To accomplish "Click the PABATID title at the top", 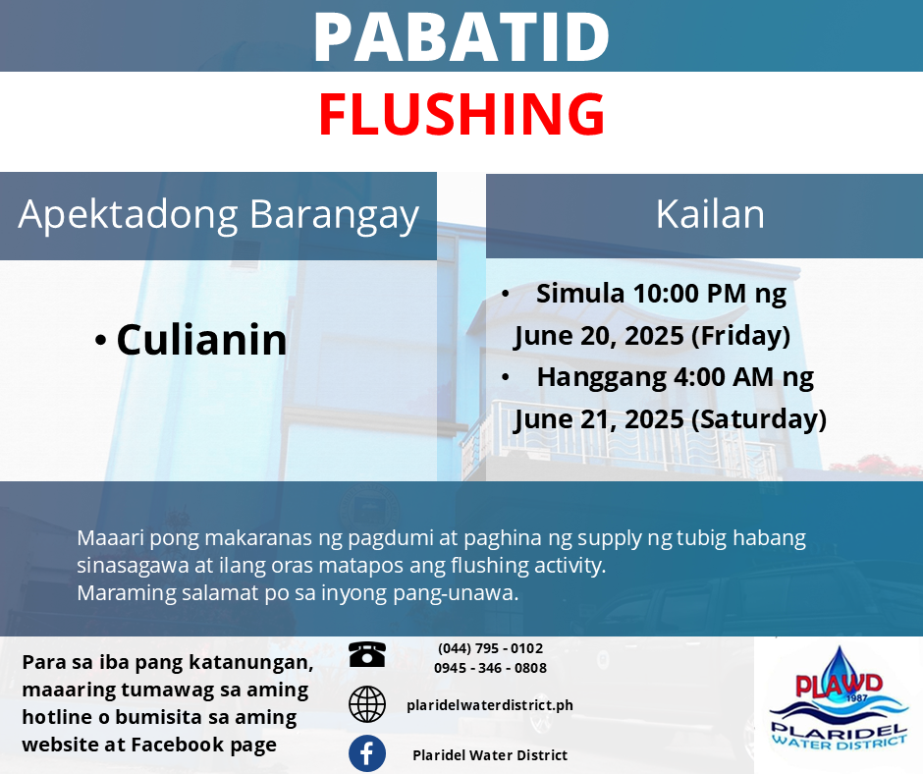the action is (x=461, y=36).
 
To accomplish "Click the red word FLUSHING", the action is (x=461, y=114).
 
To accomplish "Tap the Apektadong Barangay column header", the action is (x=218, y=214).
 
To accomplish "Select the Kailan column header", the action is (x=710, y=214).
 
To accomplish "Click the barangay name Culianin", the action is (x=201, y=340).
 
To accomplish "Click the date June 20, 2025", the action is (x=598, y=336).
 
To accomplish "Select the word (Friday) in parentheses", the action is (x=740, y=336).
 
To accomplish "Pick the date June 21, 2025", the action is (x=598, y=420).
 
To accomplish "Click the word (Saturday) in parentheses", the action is (x=759, y=419).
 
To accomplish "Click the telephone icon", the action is (x=366, y=654).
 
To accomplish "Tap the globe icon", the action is (x=366, y=704).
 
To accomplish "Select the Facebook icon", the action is (x=366, y=753).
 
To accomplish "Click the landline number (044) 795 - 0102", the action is (x=490, y=648).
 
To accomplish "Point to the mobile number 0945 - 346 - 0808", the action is (x=490, y=668).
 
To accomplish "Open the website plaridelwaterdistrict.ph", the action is (x=490, y=705).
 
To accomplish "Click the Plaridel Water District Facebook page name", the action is (x=490, y=755).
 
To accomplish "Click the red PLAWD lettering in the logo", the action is (x=839, y=685).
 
